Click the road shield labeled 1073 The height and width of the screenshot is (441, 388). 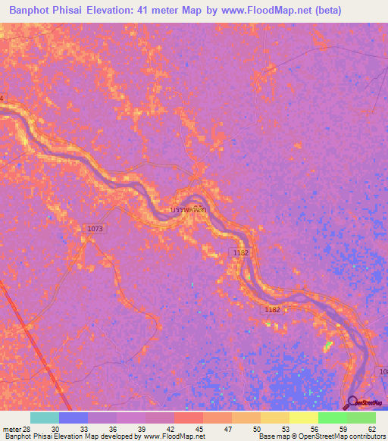click(x=96, y=228)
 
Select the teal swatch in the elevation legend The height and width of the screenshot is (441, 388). click(x=45, y=418)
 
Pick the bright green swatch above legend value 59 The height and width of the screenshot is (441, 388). click(x=332, y=418)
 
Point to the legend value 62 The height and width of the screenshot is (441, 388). click(x=371, y=428)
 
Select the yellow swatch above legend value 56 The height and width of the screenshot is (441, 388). click(x=303, y=418)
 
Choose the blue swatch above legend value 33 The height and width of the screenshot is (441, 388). click(x=74, y=418)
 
